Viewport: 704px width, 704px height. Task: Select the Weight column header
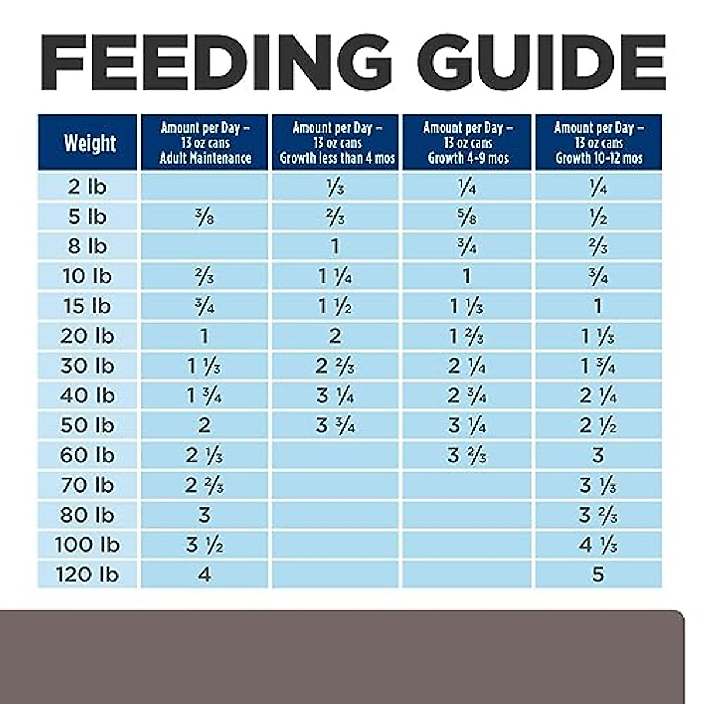(x=89, y=143)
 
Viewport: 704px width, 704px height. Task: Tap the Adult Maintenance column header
(x=205, y=143)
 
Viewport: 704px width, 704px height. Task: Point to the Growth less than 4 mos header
(x=337, y=143)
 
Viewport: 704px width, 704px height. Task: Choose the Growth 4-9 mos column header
(x=468, y=143)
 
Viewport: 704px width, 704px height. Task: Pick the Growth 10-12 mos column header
(x=598, y=143)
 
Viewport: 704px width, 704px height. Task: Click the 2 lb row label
(x=87, y=187)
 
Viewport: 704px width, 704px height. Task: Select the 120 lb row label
(x=87, y=574)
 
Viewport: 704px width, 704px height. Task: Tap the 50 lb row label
(x=87, y=425)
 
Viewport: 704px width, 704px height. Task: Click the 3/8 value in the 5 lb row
(x=204, y=217)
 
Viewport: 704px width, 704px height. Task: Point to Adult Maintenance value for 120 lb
(x=204, y=574)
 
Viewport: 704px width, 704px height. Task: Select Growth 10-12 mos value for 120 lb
(x=598, y=574)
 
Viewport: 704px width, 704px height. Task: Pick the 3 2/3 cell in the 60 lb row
(x=467, y=455)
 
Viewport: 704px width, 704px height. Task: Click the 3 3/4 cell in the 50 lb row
(x=336, y=425)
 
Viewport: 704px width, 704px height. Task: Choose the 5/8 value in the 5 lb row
(x=467, y=217)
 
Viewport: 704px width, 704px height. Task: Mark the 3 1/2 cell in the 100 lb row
(x=204, y=545)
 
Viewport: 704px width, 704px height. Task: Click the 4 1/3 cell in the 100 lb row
(x=598, y=545)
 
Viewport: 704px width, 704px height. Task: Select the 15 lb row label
(x=87, y=306)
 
